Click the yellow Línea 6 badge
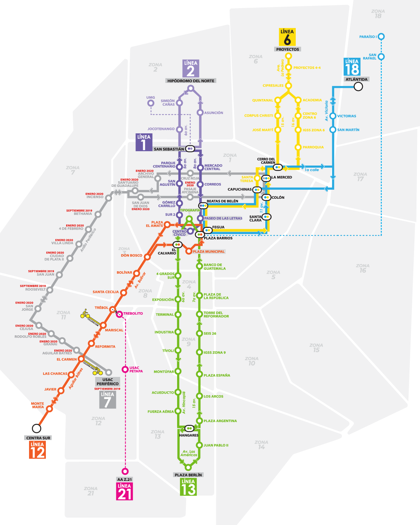(287, 37)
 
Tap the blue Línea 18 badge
(352, 67)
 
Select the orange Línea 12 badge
(37, 450)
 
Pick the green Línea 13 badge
(188, 487)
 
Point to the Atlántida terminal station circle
(358, 86)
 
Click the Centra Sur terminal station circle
(36, 428)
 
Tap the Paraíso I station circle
(381, 36)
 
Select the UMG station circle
(150, 103)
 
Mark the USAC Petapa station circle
(125, 369)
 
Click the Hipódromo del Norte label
(191, 81)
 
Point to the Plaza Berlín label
(188, 475)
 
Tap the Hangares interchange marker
(189, 428)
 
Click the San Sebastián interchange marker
(190, 149)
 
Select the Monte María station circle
(49, 408)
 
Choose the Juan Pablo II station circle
(199, 445)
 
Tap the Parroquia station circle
(298, 147)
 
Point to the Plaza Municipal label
(209, 252)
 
